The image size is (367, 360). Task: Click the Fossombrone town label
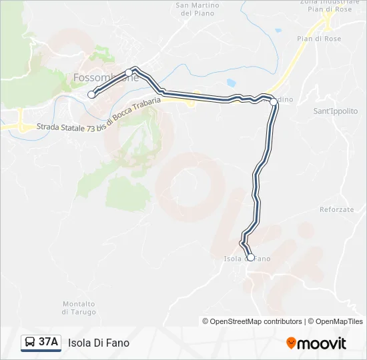[105, 77]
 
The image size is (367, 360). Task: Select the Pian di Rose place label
[319, 39]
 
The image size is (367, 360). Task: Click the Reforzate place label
[337, 209]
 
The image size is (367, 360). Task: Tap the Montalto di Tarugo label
[79, 308]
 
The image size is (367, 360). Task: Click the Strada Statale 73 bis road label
[100, 115]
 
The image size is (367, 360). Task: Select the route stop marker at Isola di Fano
[251, 257]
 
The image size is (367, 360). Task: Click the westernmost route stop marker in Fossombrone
[91, 95]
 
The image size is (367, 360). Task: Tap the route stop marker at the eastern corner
[274, 101]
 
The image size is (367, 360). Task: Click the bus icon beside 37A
[30, 343]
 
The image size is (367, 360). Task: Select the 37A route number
[48, 343]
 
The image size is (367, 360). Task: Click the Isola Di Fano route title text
[99, 343]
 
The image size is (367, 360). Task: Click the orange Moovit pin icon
[292, 343]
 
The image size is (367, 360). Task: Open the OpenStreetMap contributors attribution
[256, 321]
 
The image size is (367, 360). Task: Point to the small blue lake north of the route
[231, 83]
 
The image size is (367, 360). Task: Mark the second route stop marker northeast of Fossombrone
[129, 73]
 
